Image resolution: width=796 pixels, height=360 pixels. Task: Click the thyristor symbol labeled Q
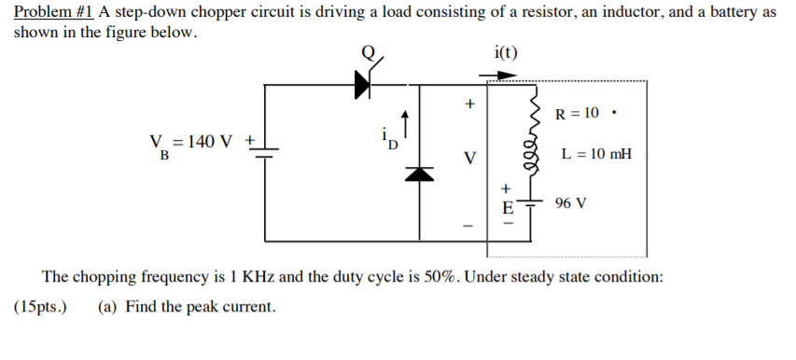(x=365, y=85)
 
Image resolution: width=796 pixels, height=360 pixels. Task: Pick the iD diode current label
(x=393, y=143)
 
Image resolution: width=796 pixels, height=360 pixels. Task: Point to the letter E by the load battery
(x=508, y=206)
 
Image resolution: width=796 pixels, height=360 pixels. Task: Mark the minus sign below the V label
(x=469, y=226)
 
